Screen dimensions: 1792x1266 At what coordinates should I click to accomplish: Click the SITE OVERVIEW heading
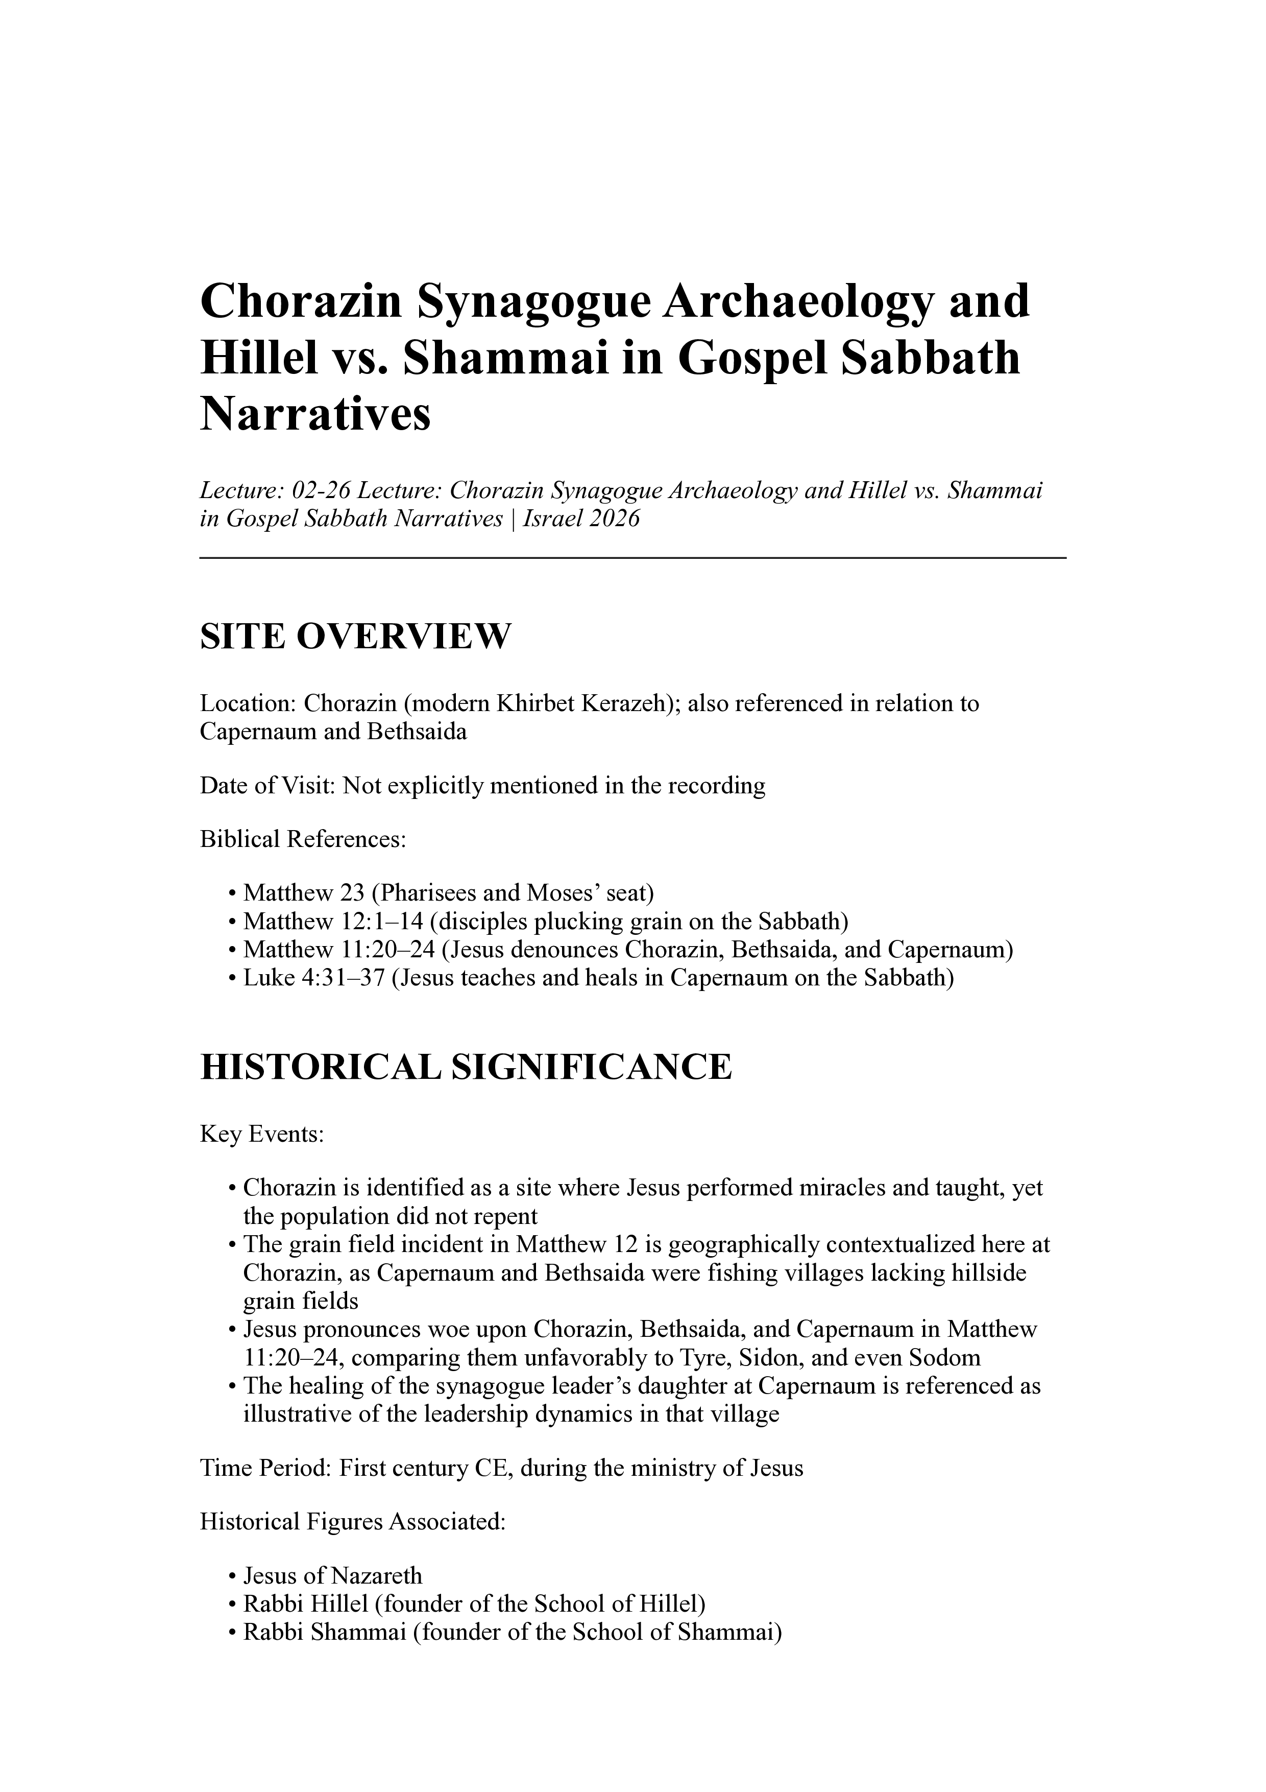click(355, 637)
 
